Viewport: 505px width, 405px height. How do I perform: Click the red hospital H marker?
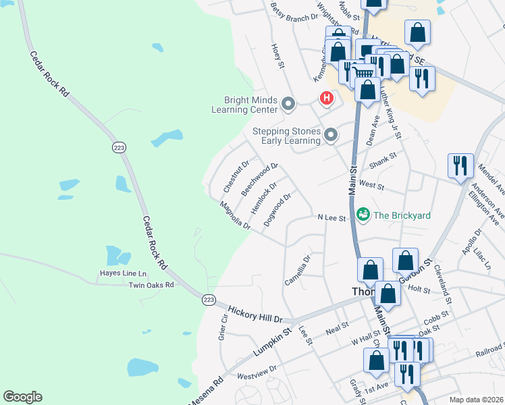[x=327, y=99]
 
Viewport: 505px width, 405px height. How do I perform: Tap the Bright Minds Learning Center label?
[x=244, y=105]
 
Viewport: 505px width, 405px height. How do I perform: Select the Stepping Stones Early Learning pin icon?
[x=331, y=136]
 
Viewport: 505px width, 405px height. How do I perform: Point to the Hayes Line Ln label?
[x=123, y=274]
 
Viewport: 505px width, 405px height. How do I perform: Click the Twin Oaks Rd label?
[x=151, y=285]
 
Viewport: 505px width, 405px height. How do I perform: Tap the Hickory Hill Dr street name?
[x=255, y=313]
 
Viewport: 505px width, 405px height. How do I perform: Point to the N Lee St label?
[x=331, y=218]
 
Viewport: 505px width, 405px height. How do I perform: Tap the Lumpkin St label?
[x=271, y=343]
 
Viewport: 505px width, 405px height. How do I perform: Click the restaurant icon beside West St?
[x=460, y=165]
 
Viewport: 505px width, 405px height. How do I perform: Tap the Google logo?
[x=22, y=397]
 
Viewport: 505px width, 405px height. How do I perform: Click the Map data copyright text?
[x=476, y=400]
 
